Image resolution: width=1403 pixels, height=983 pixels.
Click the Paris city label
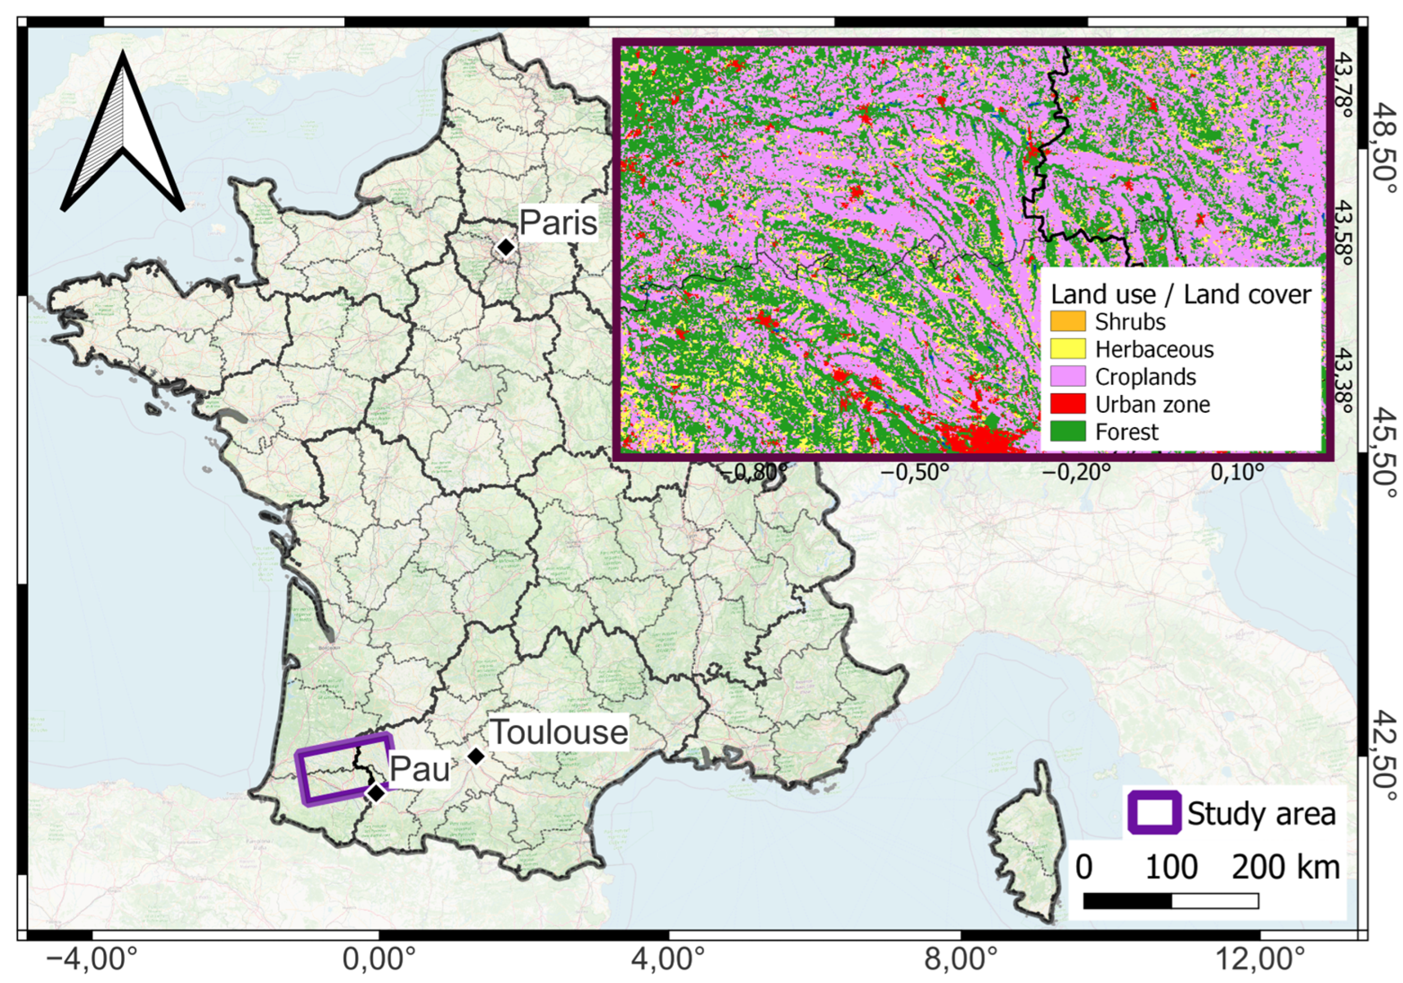tap(558, 222)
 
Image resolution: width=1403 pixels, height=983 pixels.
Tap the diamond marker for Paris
tap(505, 247)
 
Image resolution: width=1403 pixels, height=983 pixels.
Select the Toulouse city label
tap(559, 732)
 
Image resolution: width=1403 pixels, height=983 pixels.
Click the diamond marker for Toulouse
tap(476, 756)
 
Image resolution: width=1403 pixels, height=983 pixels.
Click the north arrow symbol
tap(123, 135)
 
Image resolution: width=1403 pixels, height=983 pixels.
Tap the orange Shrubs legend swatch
tap(1068, 322)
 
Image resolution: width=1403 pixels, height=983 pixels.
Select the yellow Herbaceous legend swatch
tap(1068, 349)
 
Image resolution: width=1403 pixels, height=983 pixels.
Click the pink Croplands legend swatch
tap(1068, 376)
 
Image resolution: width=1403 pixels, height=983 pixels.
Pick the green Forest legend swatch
tap(1068, 432)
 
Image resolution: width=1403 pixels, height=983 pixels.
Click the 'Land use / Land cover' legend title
tap(1181, 295)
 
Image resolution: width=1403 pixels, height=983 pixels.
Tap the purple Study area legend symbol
tap(1154, 813)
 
